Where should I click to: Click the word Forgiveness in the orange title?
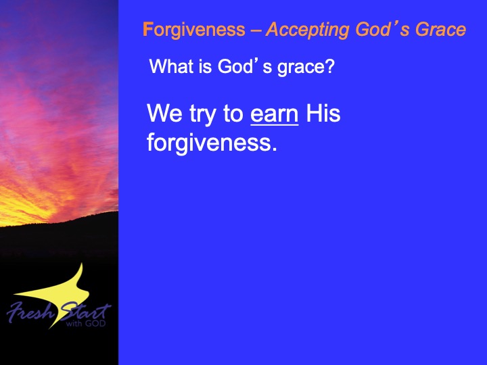[194, 30]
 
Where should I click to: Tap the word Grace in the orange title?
[441, 30]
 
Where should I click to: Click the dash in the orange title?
[256, 31]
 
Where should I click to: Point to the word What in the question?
[171, 66]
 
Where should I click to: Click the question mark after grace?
[330, 66]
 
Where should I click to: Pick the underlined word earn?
[274, 114]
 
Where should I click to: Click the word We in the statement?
[164, 114]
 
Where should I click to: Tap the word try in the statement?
[202, 116]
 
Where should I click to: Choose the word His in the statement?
[323, 113]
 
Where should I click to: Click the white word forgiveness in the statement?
[209, 143]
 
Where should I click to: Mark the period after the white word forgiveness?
[274, 149]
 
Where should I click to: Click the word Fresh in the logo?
[30, 312]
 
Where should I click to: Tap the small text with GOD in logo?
[86, 324]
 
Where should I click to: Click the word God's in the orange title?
[382, 30]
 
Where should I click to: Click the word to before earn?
[233, 114]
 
